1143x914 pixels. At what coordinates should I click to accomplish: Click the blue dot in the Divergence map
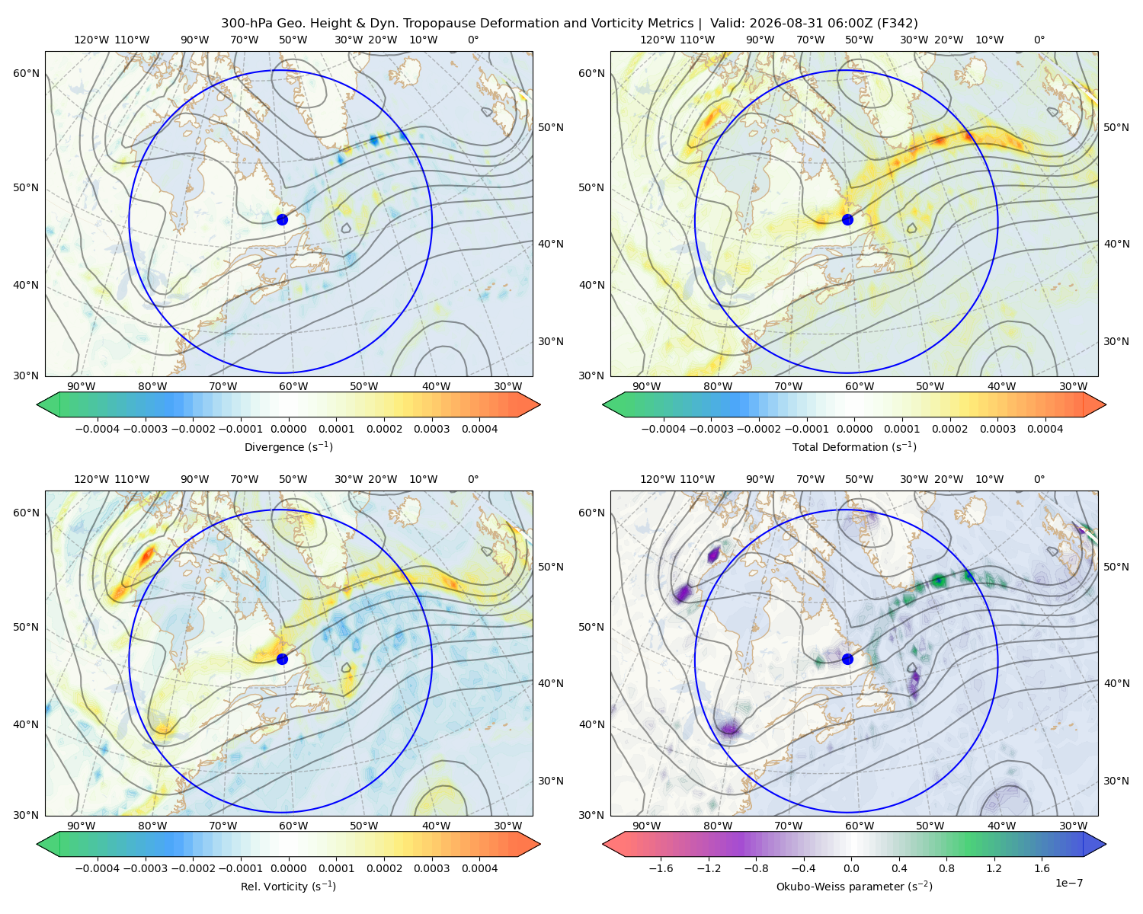[x=282, y=219]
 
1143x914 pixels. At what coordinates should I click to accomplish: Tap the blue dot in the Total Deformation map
[x=847, y=219]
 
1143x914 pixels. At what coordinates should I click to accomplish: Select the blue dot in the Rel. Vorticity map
[x=282, y=659]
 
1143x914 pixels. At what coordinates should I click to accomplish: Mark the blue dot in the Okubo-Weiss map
[x=847, y=659]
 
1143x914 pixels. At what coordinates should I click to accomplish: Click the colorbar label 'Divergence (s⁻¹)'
[x=288, y=446]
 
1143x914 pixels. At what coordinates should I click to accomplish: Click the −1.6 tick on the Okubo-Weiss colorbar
[x=661, y=868]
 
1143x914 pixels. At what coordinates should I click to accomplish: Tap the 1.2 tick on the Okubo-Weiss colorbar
[x=994, y=868]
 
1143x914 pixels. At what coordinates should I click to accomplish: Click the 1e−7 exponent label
[x=1068, y=883]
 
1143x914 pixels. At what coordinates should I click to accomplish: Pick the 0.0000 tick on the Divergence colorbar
[x=288, y=429]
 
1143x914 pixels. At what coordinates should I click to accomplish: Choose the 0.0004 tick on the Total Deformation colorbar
[x=1045, y=429]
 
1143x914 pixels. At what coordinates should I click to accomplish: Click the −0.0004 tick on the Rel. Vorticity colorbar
[x=98, y=868]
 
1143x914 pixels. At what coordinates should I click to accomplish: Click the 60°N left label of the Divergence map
[x=26, y=73]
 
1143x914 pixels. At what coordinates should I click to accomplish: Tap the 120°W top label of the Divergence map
[x=91, y=40]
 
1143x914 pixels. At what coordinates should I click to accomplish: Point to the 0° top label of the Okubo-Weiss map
[x=1039, y=479]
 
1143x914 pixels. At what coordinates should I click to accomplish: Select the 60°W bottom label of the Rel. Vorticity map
[x=293, y=826]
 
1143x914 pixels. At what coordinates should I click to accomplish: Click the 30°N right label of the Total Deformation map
[x=1116, y=341]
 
